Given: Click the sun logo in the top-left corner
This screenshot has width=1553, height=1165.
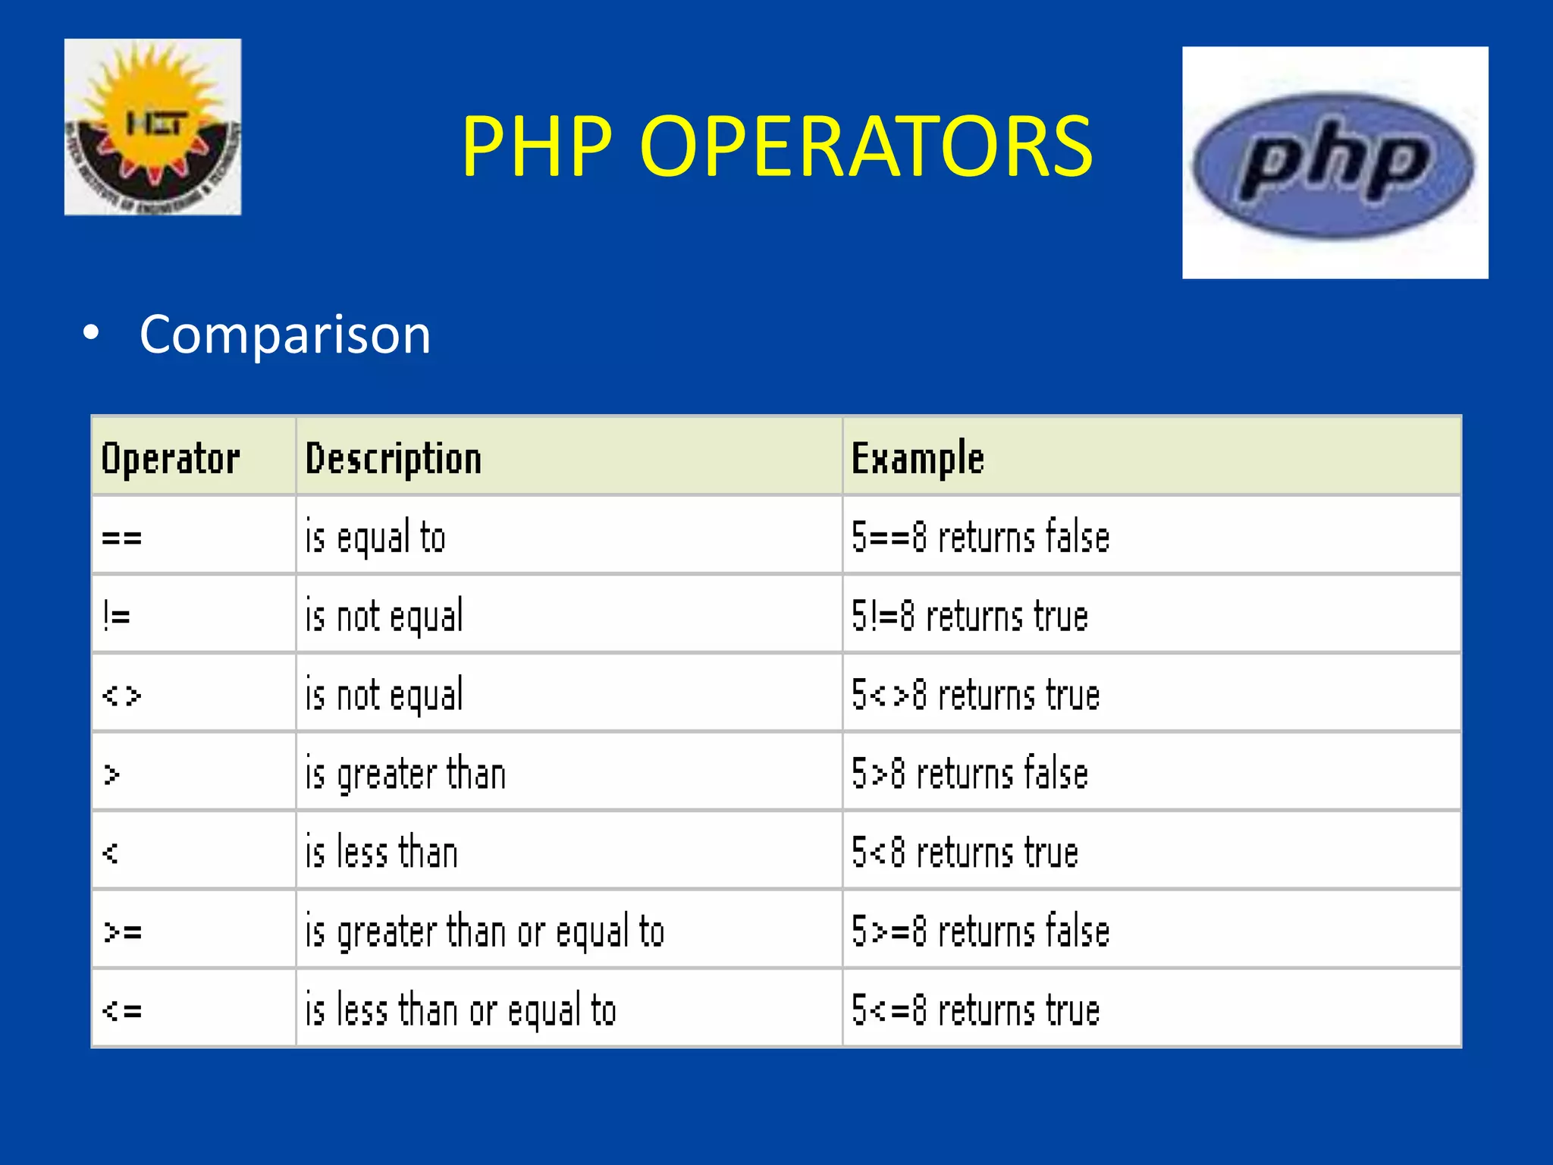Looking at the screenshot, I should (x=152, y=127).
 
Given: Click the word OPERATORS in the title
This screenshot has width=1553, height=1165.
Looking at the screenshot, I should (x=866, y=146).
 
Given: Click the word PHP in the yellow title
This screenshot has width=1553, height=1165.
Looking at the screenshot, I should (x=537, y=146).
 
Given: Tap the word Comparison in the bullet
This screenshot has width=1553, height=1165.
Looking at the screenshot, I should (x=284, y=334).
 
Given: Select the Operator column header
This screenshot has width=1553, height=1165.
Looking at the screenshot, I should (x=171, y=459).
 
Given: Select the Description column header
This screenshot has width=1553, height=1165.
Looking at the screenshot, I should (x=394, y=459).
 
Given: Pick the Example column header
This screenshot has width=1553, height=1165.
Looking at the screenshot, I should (x=918, y=459).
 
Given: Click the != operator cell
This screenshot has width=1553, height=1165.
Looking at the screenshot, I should (x=117, y=616).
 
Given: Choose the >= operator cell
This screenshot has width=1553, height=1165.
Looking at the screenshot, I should (x=123, y=931).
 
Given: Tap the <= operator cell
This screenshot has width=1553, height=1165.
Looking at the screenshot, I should (x=122, y=1010).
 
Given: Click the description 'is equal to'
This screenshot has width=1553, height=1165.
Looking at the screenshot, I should (x=375, y=538).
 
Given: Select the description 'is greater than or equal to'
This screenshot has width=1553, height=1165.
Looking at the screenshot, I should (x=485, y=931).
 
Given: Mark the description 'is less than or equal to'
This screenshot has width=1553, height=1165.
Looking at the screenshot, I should (x=460, y=1010).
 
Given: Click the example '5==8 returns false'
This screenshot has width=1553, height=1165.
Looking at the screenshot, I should (x=980, y=538).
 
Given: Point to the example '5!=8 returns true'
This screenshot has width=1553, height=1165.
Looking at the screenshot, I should (x=970, y=616).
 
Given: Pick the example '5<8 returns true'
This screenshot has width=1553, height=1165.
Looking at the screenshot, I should (x=965, y=853).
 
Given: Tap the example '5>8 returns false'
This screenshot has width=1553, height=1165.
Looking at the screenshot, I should (x=970, y=774).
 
